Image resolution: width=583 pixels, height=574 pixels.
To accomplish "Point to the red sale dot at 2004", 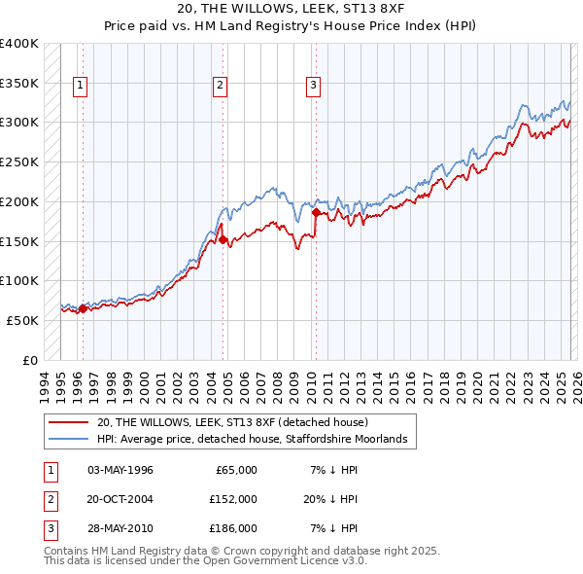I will [x=223, y=239].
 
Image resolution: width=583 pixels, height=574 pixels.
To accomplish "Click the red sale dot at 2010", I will [x=316, y=212].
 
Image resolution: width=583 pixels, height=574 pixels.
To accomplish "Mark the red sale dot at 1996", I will [x=83, y=308].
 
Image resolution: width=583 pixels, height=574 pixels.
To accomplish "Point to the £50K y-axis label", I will [x=22, y=320].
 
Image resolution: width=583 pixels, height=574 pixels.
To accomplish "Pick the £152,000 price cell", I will [x=233, y=499].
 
